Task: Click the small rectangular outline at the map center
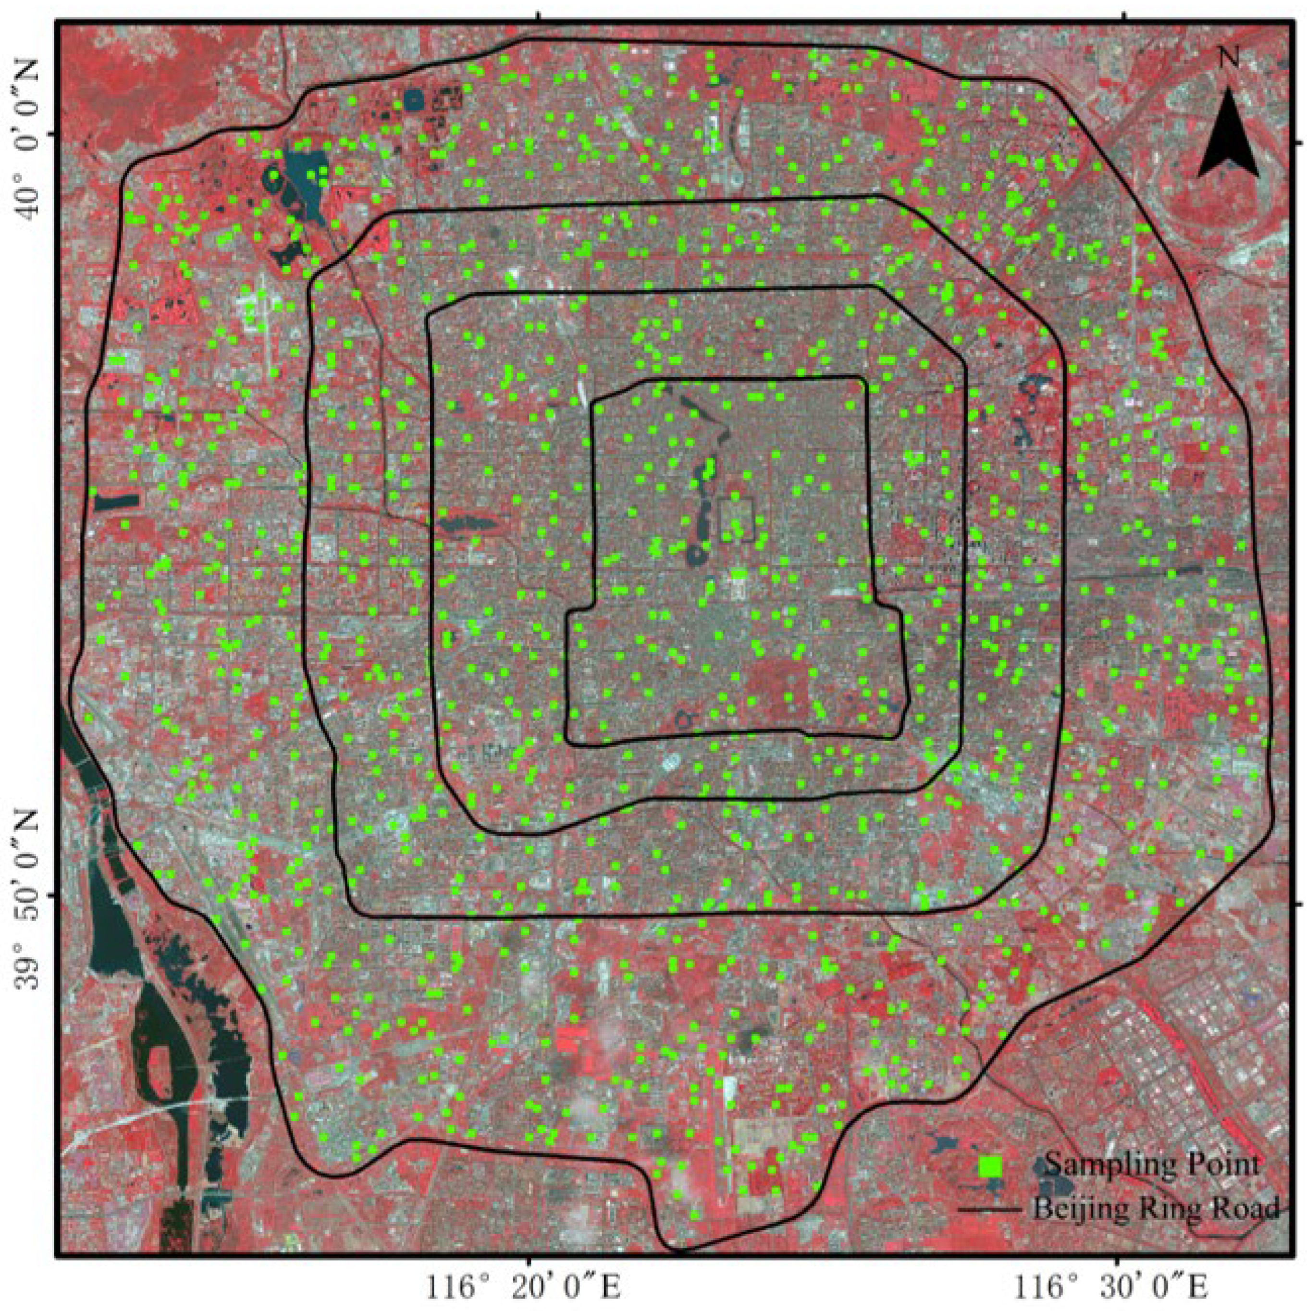(736, 519)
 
